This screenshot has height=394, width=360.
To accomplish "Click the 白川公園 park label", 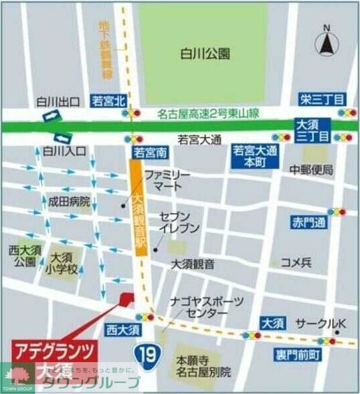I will click(205, 53).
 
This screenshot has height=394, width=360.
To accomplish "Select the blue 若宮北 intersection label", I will click(109, 101).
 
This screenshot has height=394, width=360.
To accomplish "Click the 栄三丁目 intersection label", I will click(321, 99).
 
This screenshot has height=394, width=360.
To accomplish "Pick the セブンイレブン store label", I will click(179, 223).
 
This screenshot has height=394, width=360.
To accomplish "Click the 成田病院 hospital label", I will click(68, 201).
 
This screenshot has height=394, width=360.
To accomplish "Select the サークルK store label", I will click(321, 324).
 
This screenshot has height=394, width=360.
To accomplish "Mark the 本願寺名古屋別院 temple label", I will click(203, 366).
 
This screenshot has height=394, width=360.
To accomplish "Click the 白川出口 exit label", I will click(58, 102).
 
